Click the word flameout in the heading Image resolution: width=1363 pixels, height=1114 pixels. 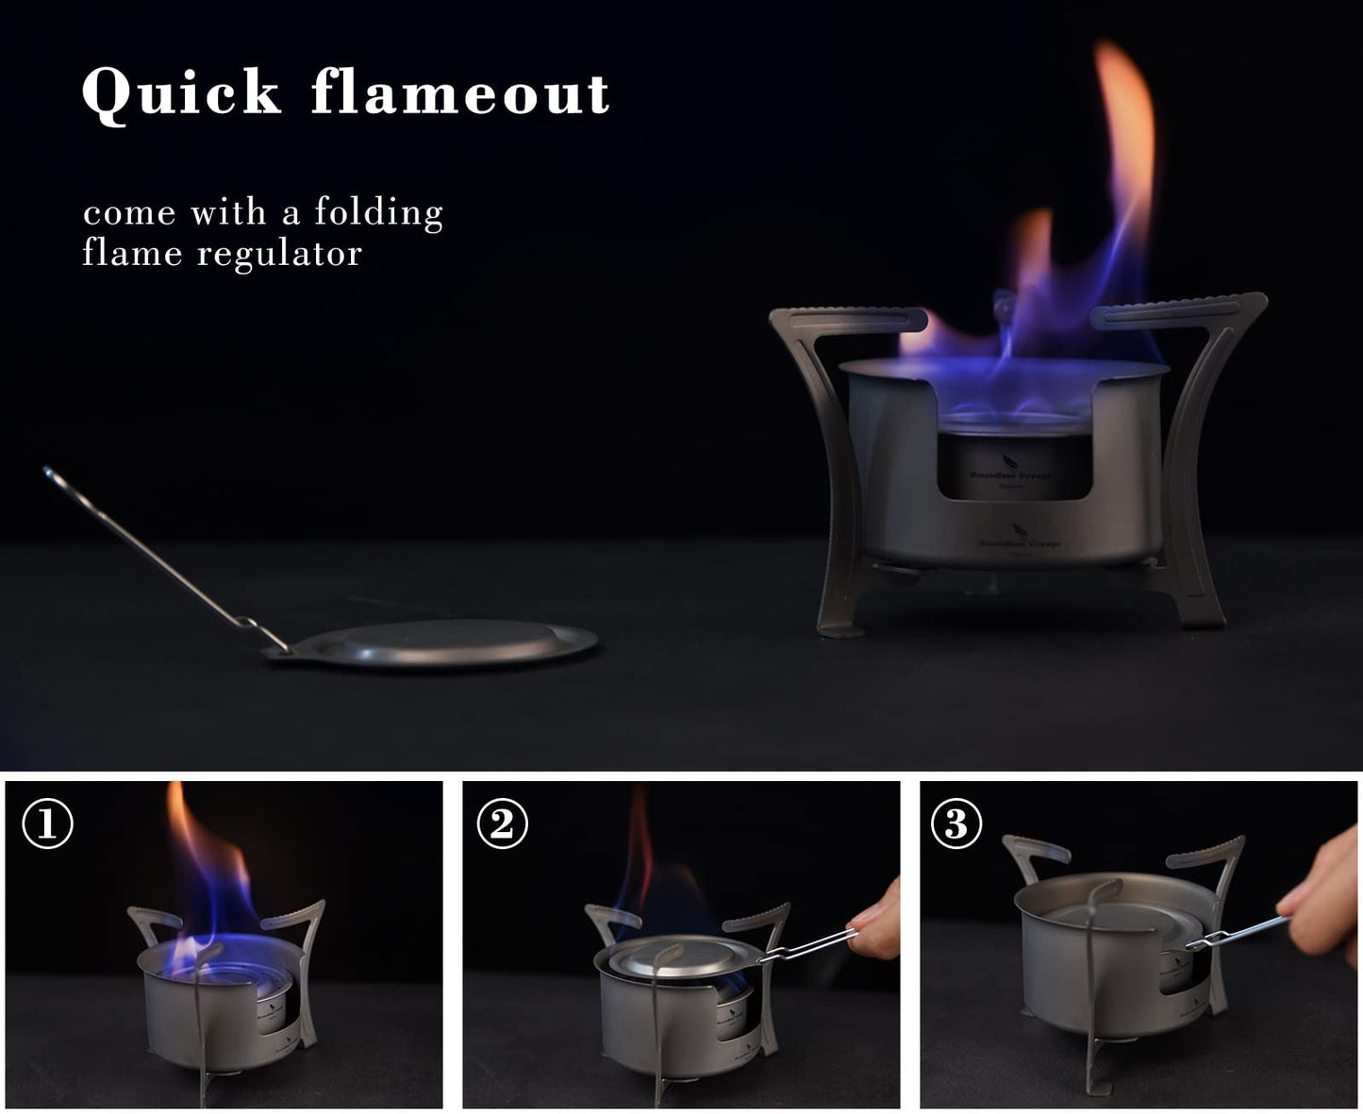coord(460,93)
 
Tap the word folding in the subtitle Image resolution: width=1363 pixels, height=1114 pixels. coord(378,212)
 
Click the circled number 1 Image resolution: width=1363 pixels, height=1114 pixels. coord(47,824)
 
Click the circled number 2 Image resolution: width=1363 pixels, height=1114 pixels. coord(502,824)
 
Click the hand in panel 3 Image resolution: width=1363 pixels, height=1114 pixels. coord(1330,887)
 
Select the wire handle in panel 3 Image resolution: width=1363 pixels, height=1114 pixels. coord(1236,934)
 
